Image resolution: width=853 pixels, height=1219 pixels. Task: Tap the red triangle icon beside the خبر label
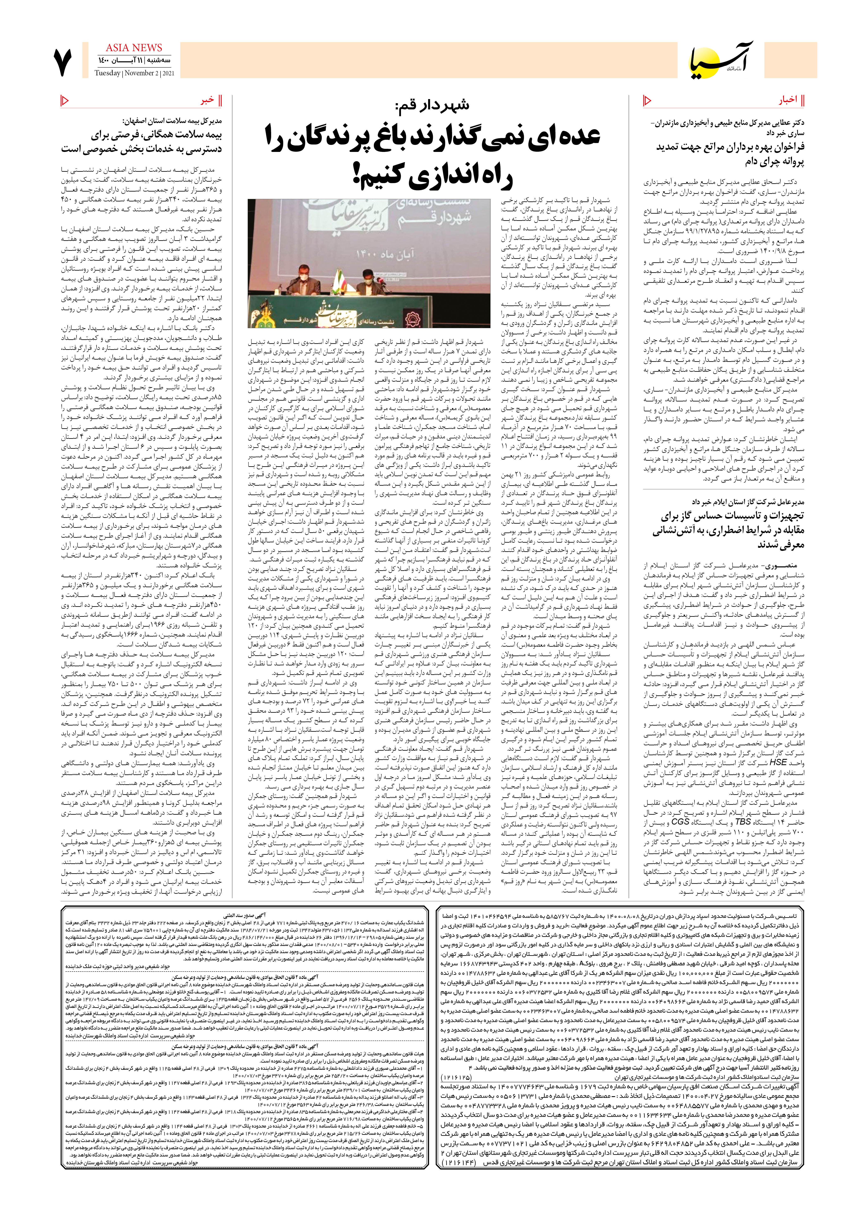(65, 100)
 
